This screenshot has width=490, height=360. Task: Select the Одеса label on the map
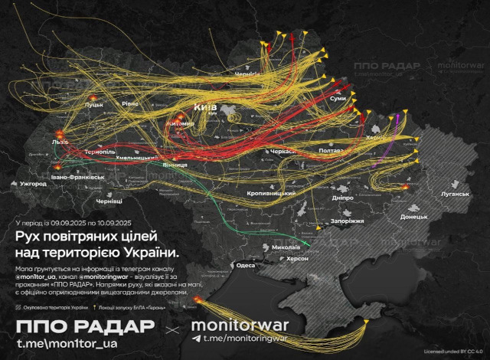(245, 265)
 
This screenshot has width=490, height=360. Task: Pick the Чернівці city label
(109, 201)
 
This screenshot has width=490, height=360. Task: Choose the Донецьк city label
(413, 217)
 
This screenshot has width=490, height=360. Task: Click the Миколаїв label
(285, 248)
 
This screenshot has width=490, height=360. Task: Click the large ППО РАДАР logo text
(85, 326)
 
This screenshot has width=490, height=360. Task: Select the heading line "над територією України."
(96, 252)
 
